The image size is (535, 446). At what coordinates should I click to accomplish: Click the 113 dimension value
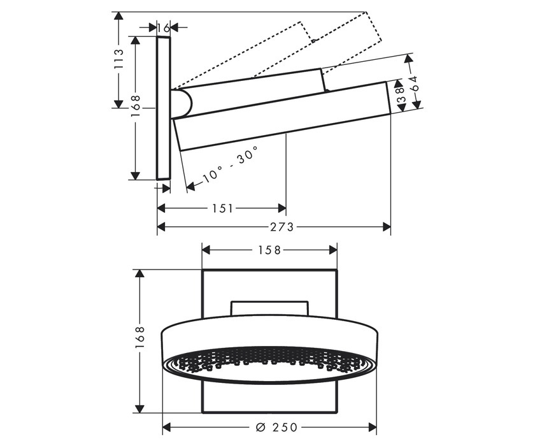click(x=118, y=61)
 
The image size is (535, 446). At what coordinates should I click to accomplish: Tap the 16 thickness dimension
click(x=164, y=27)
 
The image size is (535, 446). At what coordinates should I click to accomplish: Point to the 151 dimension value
click(x=221, y=208)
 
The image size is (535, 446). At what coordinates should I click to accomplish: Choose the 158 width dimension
click(x=269, y=250)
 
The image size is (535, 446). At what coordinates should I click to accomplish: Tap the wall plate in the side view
click(x=164, y=108)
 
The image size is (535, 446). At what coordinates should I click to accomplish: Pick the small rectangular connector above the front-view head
click(x=269, y=308)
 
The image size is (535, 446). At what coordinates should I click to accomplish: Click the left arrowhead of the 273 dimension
click(x=161, y=226)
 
